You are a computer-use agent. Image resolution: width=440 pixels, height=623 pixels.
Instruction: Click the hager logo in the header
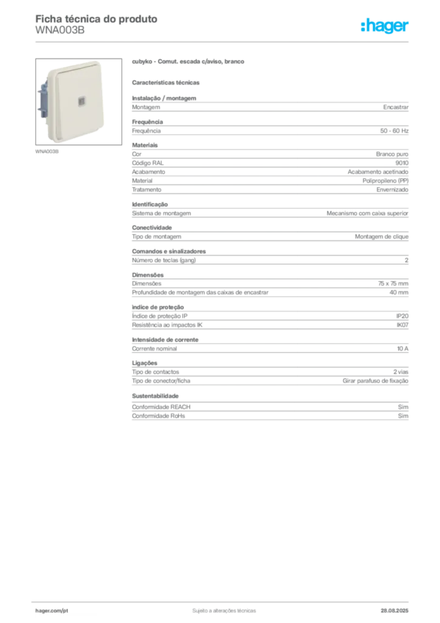[x=385, y=26]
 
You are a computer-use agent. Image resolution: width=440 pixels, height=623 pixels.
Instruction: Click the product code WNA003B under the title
[x=60, y=30]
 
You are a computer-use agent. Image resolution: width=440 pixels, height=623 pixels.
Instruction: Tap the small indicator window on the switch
[x=81, y=102]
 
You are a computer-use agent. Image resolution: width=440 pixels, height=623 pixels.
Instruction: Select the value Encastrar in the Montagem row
[x=396, y=107]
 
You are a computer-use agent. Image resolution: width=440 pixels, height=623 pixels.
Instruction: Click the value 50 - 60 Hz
[x=394, y=131]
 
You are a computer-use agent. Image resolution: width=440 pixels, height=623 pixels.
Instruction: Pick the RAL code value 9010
[x=402, y=163]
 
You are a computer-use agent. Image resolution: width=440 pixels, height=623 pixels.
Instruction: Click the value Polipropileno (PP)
[x=385, y=181]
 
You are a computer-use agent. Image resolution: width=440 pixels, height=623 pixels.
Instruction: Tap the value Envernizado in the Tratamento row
[x=393, y=190]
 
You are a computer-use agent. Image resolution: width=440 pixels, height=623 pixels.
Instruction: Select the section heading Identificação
[x=150, y=204]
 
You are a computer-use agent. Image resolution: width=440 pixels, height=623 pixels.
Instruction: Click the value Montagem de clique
[x=382, y=237]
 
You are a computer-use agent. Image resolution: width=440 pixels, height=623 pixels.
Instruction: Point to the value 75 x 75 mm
[x=393, y=284]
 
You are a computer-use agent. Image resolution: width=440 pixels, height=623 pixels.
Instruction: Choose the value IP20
[x=402, y=316]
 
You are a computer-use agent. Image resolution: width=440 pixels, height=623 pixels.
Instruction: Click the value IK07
[x=402, y=325]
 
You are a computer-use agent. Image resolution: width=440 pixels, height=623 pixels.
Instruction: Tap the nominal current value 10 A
[x=403, y=349]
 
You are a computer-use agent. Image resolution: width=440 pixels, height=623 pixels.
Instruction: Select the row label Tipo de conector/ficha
[x=161, y=381]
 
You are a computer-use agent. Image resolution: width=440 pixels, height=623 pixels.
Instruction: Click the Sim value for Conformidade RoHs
[x=403, y=416]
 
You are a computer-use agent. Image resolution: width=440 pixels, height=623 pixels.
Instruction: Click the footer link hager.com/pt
[x=52, y=611]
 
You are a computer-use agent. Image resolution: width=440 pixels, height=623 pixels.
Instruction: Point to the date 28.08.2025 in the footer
[x=394, y=611]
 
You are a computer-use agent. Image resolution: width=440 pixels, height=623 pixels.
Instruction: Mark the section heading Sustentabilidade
[x=155, y=396]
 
